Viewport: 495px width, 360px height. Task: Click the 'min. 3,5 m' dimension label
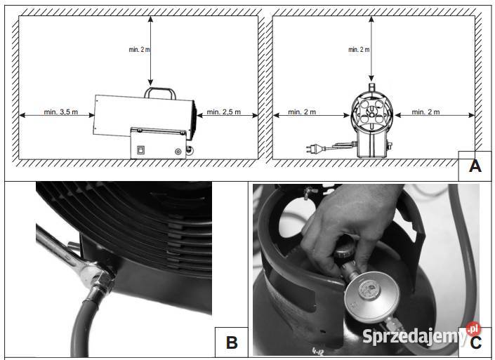click(x=61, y=112)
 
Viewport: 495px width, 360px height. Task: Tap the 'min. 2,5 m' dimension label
click(x=224, y=112)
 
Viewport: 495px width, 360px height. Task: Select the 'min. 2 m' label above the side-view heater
click(x=139, y=50)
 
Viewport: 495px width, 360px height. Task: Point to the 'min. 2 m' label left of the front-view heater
click(x=302, y=112)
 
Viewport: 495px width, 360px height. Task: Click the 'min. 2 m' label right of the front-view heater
click(x=425, y=112)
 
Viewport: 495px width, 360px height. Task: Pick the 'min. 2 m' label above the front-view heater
click(x=359, y=50)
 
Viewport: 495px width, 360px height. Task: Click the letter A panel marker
click(x=475, y=166)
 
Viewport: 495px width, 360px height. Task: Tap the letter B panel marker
click(x=232, y=342)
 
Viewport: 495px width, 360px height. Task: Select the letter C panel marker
click(x=476, y=343)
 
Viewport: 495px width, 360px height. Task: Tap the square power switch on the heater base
click(x=140, y=150)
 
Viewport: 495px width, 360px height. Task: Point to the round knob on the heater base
click(x=178, y=152)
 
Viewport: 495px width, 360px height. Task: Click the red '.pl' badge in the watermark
click(x=473, y=329)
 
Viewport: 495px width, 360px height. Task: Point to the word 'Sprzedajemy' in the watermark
click(x=414, y=336)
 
